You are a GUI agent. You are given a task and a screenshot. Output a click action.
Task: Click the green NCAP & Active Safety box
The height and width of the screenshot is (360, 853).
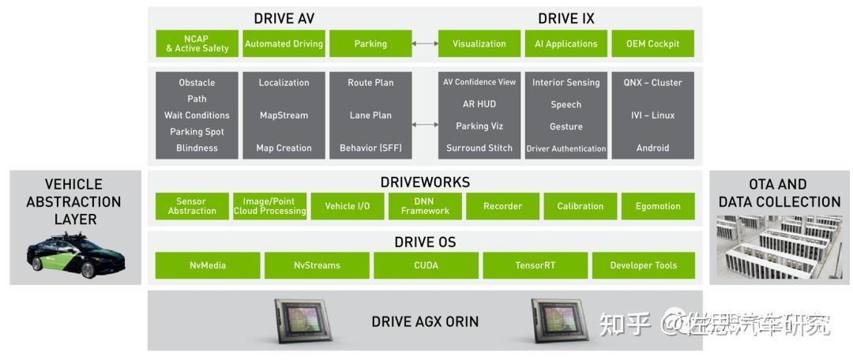[197, 43]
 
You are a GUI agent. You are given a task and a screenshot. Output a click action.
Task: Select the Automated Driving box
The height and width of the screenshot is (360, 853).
[284, 43]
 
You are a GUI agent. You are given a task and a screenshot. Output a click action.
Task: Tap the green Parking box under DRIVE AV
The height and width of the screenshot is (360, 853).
[370, 43]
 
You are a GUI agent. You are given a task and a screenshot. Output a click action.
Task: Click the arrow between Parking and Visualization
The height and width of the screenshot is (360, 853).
[425, 43]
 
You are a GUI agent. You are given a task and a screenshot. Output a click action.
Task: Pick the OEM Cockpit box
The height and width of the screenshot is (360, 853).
[653, 43]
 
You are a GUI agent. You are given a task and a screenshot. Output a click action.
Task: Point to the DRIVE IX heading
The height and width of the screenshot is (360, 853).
[566, 18]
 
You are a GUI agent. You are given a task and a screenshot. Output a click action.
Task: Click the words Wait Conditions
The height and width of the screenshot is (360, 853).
[197, 115]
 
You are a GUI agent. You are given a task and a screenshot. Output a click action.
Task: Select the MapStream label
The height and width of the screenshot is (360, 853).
[284, 115]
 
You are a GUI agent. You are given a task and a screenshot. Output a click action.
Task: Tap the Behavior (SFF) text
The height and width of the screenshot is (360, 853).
[370, 148]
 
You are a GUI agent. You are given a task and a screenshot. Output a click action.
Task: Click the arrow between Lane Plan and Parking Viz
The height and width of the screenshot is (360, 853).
[425, 125]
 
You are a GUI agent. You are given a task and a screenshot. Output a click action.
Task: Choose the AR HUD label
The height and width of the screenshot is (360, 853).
[479, 104]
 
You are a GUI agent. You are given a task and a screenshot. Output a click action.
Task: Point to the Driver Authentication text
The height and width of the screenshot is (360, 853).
[566, 148]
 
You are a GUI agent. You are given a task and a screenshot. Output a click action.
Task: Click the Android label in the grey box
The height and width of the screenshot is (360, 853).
[653, 148]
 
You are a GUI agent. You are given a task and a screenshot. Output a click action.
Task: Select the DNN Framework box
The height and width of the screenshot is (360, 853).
[425, 206]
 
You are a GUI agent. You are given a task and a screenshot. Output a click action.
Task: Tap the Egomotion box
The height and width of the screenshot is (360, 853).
[658, 206]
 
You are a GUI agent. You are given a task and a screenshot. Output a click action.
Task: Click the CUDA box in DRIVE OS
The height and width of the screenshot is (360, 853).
[426, 265]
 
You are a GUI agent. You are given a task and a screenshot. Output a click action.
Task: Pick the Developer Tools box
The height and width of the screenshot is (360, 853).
[644, 265]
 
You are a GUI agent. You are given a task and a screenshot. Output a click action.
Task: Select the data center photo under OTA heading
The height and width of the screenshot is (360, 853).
[779, 247]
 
